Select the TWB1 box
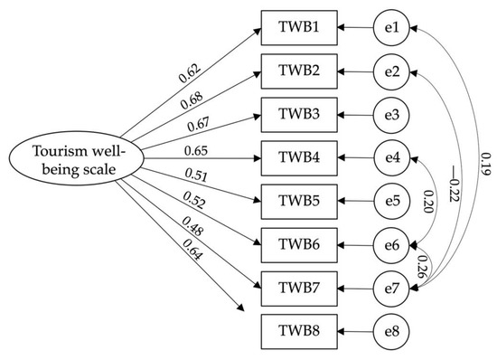[x=298, y=28]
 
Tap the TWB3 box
[x=298, y=115]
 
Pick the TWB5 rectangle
[x=298, y=202]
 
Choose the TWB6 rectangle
[x=298, y=245]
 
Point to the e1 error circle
[x=391, y=28]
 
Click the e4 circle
[x=391, y=158]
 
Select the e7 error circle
[x=391, y=289]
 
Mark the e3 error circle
[x=391, y=115]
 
